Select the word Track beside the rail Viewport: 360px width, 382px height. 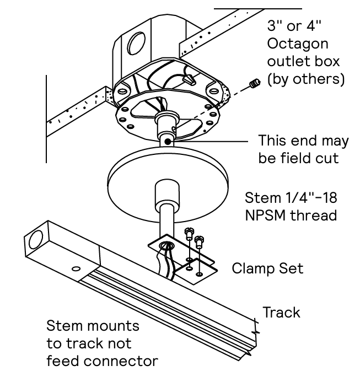(x=281, y=312)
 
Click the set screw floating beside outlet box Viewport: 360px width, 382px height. (x=254, y=84)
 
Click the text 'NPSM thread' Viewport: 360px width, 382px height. (x=291, y=215)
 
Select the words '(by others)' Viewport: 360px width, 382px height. (x=305, y=79)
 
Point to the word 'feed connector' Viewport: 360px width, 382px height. (x=102, y=362)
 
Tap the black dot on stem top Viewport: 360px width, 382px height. (x=166, y=142)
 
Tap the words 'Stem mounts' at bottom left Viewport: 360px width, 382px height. (x=93, y=325)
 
